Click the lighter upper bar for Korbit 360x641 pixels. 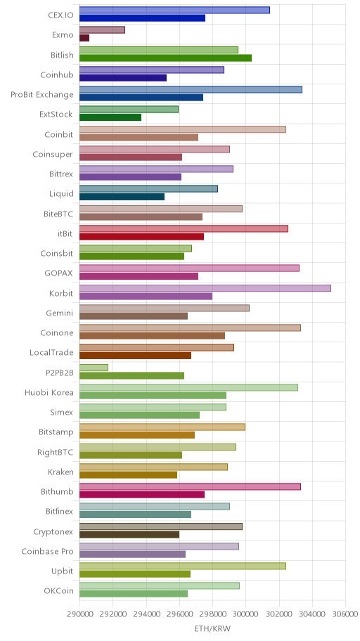(205, 288)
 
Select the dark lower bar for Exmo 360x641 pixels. (84, 38)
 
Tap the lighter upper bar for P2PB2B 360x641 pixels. (94, 368)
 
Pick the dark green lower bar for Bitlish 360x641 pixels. (165, 58)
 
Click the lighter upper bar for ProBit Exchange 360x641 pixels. (191, 89)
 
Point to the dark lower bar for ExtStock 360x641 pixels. (110, 117)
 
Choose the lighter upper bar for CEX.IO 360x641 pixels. (174, 10)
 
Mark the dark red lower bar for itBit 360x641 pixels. (141, 237)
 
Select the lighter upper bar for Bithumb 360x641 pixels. (190, 486)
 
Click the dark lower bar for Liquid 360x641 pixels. (122, 197)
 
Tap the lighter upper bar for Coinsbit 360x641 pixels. (136, 248)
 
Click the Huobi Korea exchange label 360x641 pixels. (49, 393)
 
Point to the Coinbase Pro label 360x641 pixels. (47, 552)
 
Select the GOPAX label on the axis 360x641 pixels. (59, 273)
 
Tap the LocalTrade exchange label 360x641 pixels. (51, 352)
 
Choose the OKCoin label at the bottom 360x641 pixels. (59, 591)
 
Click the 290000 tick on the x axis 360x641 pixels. (79, 614)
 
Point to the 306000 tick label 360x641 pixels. (345, 614)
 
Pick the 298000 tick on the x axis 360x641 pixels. (212, 614)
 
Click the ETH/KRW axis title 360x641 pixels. (212, 628)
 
